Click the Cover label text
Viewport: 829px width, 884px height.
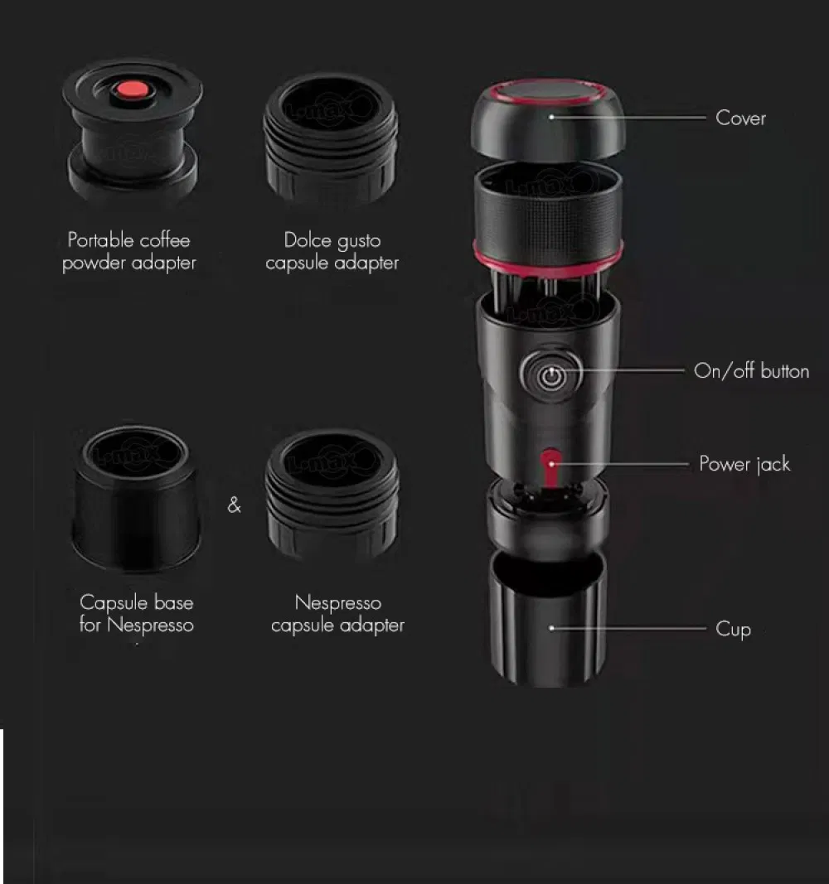740,118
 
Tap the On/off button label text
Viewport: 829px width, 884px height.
751,371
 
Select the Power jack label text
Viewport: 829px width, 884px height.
744,464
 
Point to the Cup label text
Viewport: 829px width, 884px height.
733,630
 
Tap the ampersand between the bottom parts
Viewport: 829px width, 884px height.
234,505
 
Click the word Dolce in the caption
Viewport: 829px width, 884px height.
308,241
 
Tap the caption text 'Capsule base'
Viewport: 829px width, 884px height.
136,602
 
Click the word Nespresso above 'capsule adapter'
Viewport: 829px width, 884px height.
337,603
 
